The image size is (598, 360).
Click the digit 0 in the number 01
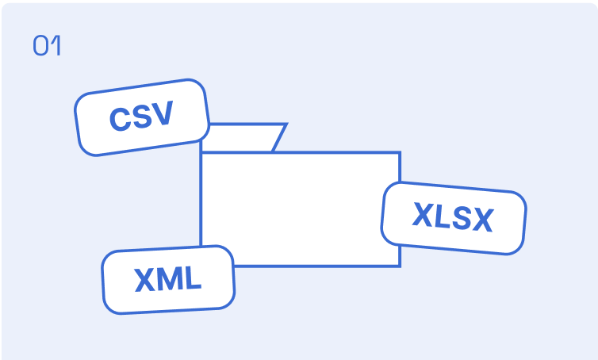click(x=40, y=45)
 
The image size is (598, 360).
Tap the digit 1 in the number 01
click(x=56, y=45)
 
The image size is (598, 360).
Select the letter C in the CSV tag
click(x=121, y=119)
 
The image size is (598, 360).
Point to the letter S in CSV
click(x=143, y=116)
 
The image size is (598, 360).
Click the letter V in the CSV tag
click(x=163, y=112)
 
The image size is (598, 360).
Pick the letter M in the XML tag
click(x=170, y=279)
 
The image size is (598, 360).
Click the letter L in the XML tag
click(x=192, y=278)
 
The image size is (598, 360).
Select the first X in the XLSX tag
click(x=426, y=215)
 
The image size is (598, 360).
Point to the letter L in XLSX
click(x=445, y=216)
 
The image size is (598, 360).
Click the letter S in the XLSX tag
click(x=462, y=219)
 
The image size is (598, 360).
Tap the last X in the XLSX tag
click(x=483, y=220)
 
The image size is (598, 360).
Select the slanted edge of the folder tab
click(x=280, y=138)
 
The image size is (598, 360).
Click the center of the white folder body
click(x=300, y=209)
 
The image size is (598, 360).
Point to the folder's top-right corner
click(x=400, y=152)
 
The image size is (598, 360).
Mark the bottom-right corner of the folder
click(x=400, y=266)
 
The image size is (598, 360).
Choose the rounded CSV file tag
click(x=142, y=117)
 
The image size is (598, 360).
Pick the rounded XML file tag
click(x=168, y=280)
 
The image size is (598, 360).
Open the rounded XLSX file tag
click(x=454, y=218)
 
